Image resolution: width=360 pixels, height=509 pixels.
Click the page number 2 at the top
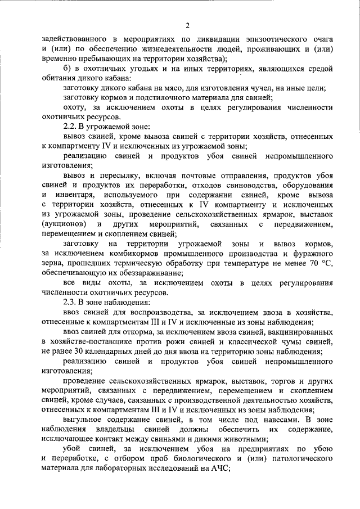click(188, 24)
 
